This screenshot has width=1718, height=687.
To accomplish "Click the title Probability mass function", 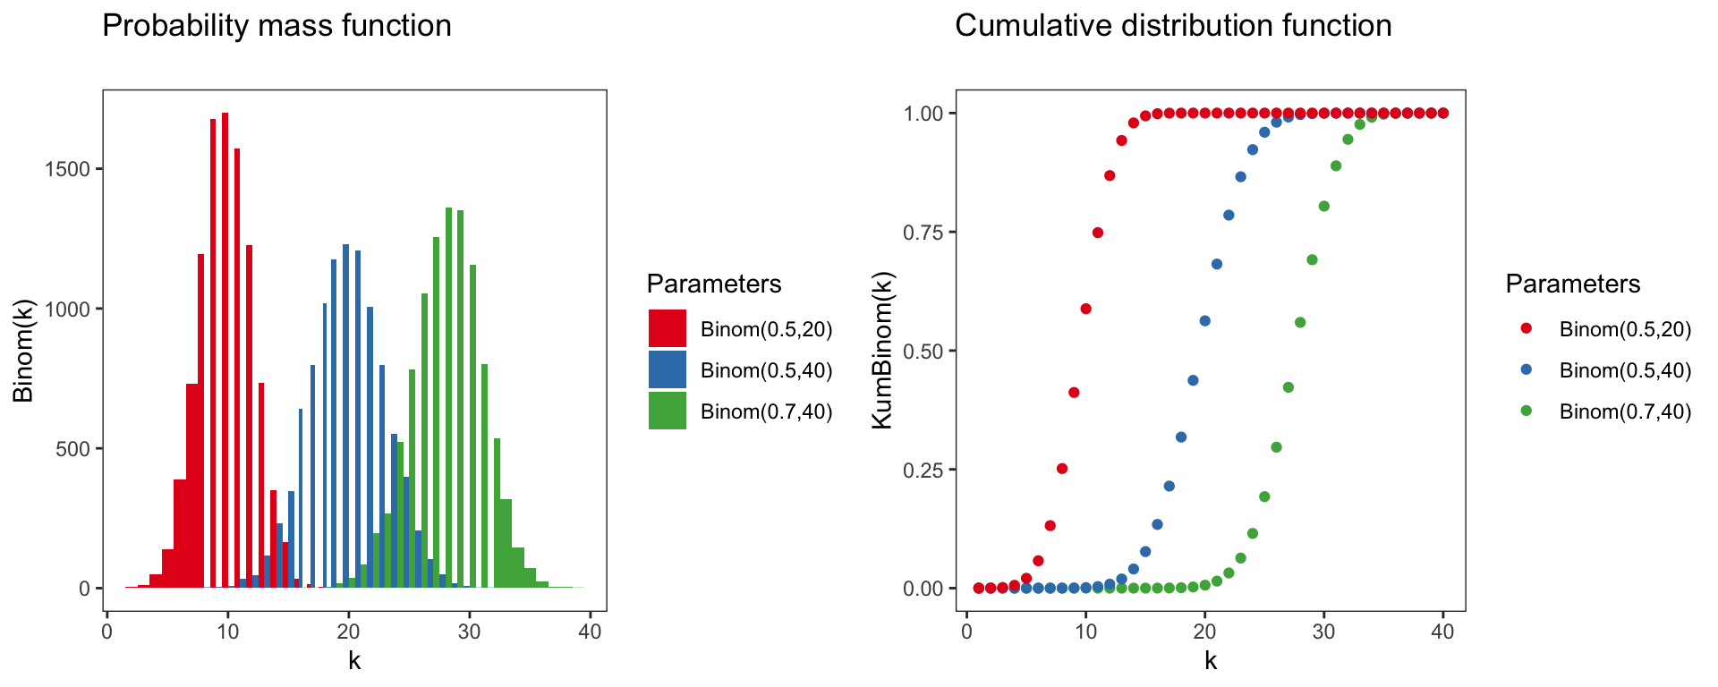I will (x=276, y=25).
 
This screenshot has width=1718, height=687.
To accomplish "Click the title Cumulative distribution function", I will (x=1173, y=25).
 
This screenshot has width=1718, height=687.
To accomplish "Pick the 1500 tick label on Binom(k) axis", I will (x=67, y=170).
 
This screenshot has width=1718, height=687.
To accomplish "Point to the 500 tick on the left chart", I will (x=72, y=449).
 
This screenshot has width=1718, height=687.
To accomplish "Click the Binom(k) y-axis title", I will (x=22, y=351).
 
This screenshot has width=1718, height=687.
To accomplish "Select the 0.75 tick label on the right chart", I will (x=923, y=233).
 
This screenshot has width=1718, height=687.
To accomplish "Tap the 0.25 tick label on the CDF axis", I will (x=923, y=470).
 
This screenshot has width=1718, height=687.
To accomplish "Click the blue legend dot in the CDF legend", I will (x=1527, y=369).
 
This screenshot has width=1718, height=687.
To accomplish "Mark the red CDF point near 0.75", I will (x=1098, y=233).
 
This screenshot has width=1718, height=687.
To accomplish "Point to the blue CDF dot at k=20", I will (x=1204, y=321).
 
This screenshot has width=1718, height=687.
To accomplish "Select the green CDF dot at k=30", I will (x=1324, y=207).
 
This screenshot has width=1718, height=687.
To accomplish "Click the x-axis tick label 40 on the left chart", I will (x=590, y=632).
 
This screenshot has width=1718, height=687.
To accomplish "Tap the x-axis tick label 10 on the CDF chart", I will (x=1085, y=632).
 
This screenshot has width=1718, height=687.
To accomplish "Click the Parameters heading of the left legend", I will (x=714, y=284).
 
